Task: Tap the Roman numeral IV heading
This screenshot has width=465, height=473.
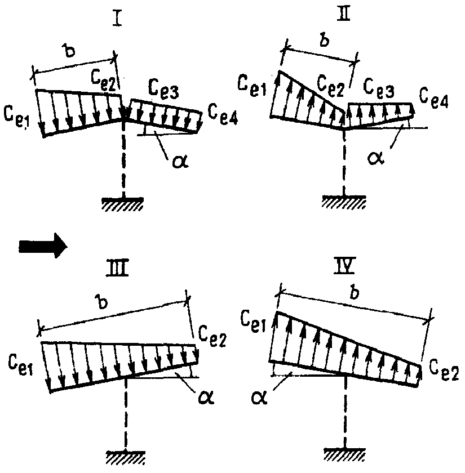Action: (344, 266)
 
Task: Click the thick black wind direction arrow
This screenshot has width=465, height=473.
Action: (43, 246)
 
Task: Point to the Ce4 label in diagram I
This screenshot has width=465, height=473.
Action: (223, 115)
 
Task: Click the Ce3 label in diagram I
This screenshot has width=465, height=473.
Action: (163, 90)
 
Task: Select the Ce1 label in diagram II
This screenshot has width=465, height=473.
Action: (252, 86)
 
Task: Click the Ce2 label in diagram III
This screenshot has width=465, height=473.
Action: (212, 337)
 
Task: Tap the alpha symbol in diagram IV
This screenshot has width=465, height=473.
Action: (259, 398)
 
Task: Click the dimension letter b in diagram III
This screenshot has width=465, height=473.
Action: (103, 302)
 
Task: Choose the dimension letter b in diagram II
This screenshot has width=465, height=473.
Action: (324, 40)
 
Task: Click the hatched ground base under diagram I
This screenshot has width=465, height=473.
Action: (122, 203)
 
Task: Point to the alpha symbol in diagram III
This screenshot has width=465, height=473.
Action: (206, 397)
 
